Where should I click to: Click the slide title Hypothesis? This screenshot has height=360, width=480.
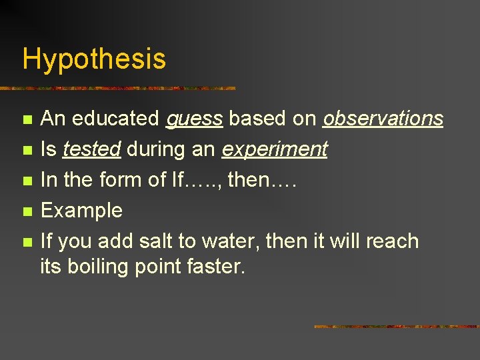pos(94,59)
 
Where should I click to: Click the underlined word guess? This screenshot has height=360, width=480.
pos(194,119)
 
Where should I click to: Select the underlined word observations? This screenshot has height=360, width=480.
pos(383,119)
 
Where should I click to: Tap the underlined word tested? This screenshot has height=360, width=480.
pos(91,149)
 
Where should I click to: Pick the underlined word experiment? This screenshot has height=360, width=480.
pos(274,150)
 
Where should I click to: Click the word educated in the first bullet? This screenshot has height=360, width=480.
pos(115,119)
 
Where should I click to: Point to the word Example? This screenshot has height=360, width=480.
pos(82,211)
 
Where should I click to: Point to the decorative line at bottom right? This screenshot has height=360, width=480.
pos(396,327)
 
